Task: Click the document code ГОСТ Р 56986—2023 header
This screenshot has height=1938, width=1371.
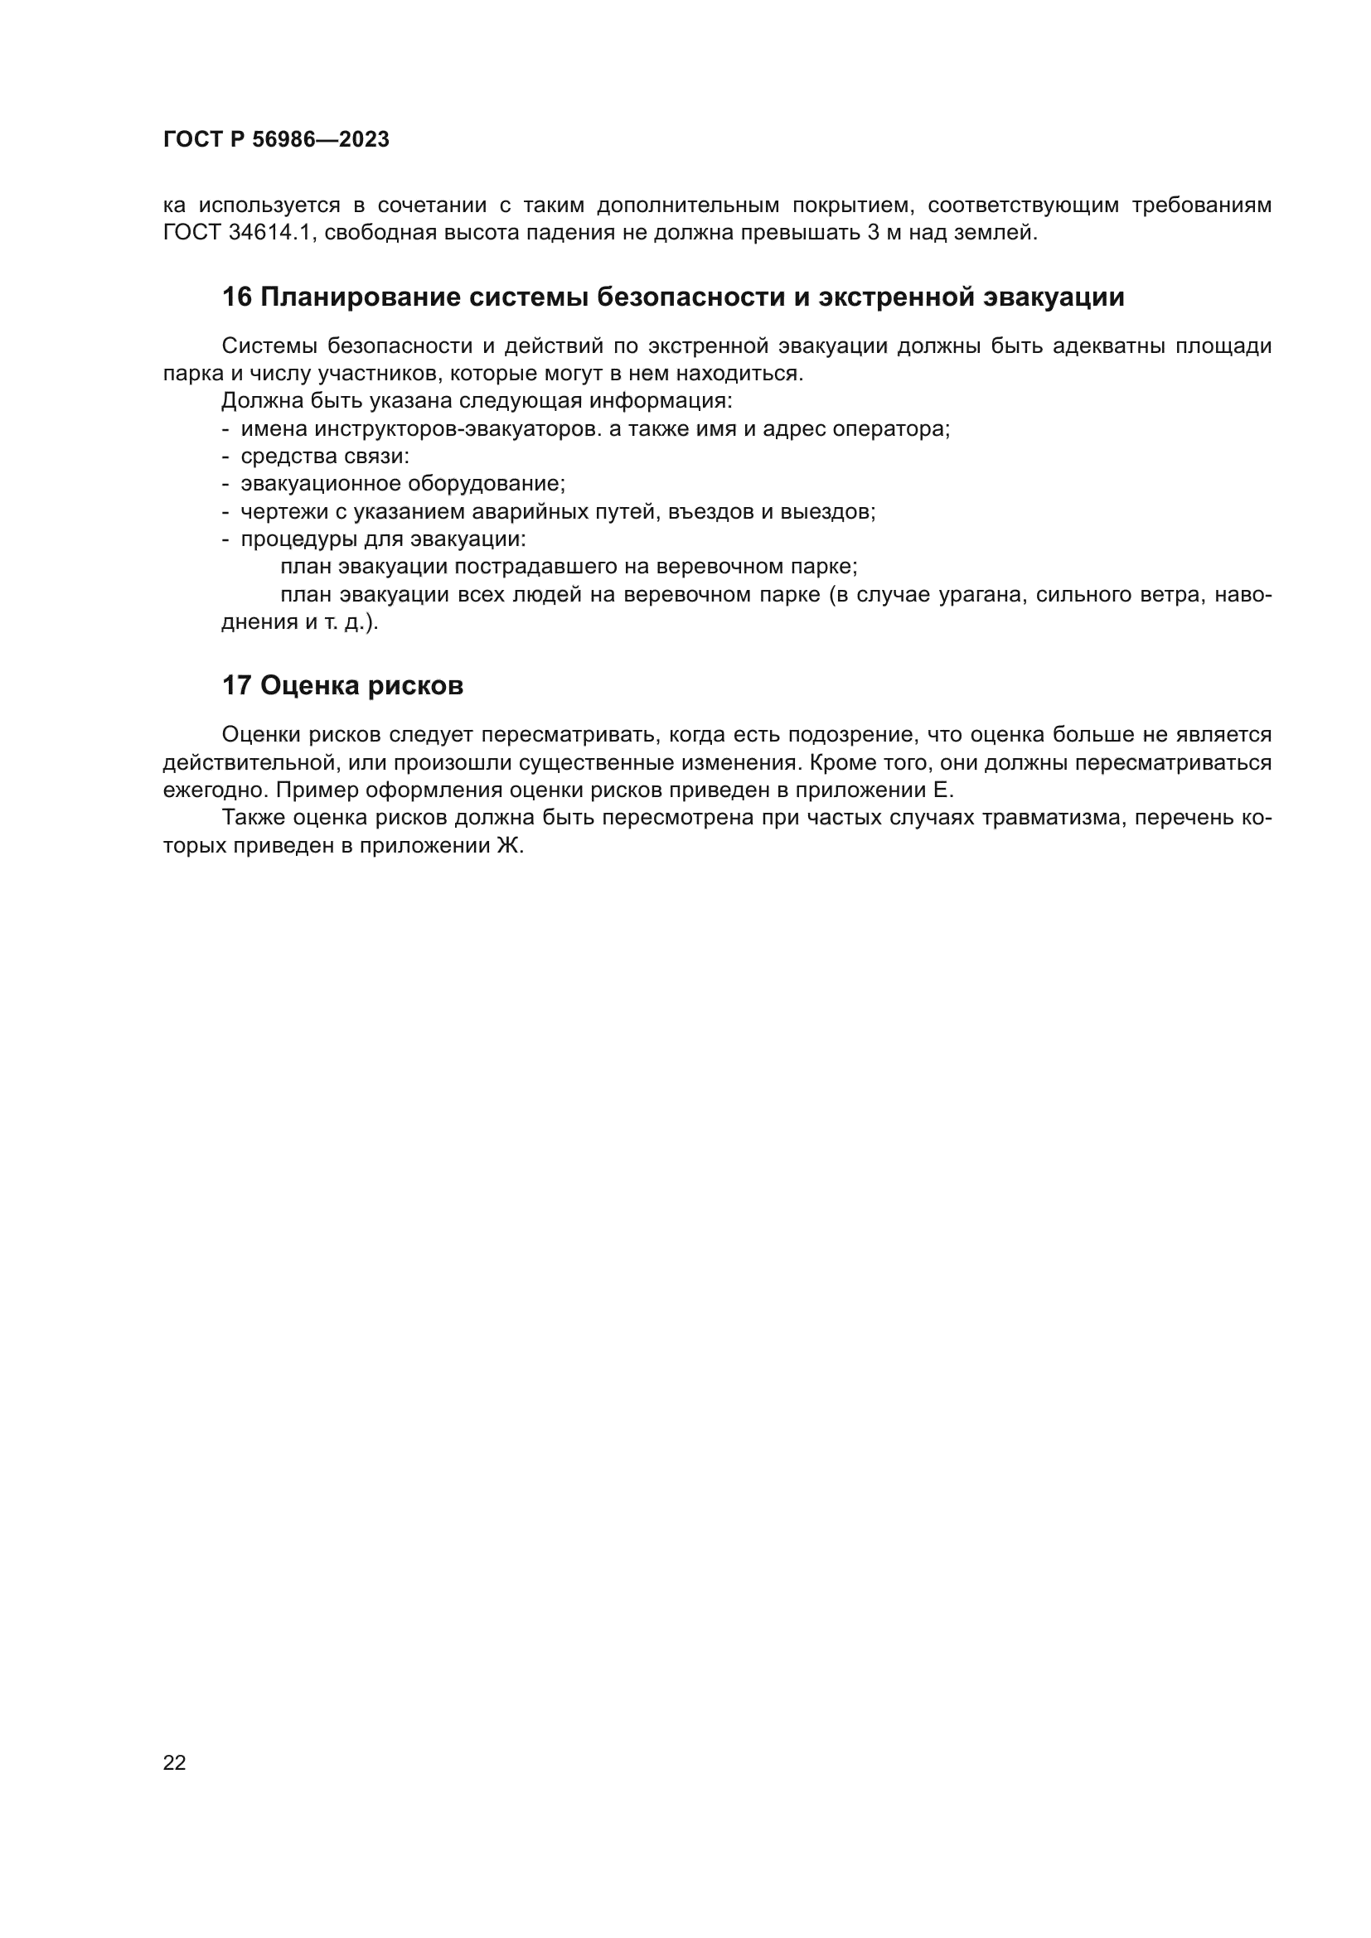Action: click(x=276, y=140)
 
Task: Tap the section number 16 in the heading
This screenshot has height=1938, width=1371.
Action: click(x=236, y=297)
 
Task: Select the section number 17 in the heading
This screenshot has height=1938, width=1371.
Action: click(x=236, y=685)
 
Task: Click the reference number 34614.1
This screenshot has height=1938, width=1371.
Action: click(x=270, y=233)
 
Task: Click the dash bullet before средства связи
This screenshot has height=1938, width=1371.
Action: click(x=225, y=457)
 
